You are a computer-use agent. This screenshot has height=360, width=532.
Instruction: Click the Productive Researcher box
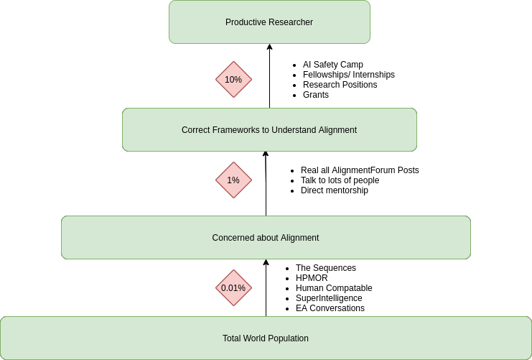[269, 22]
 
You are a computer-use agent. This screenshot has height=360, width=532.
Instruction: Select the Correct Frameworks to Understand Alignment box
[269, 130]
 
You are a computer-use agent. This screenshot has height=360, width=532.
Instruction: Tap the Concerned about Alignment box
[266, 238]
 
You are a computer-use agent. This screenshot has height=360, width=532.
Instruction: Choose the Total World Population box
[266, 338]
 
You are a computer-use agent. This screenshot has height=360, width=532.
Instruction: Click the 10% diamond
[233, 80]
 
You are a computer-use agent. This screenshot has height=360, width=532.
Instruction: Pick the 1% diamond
[233, 180]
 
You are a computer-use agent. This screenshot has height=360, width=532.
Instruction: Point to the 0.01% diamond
[233, 288]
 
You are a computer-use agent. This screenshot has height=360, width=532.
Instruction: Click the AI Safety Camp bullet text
[332, 65]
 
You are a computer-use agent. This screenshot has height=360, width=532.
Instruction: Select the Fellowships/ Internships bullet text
[348, 75]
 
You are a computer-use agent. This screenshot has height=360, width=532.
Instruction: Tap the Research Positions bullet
[340, 85]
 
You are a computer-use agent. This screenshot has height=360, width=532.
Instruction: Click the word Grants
[316, 95]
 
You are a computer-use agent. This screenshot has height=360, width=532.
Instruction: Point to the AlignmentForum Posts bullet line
[359, 170]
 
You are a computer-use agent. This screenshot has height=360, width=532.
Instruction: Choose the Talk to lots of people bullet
[340, 180]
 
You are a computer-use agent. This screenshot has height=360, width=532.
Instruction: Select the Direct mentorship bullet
[334, 190]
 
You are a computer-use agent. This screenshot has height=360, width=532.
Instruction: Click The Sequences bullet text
[325, 268]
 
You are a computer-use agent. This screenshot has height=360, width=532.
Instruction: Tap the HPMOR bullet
[312, 278]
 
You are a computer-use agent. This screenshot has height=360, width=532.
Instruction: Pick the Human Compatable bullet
[334, 288]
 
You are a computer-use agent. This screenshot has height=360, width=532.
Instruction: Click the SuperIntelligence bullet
[329, 298]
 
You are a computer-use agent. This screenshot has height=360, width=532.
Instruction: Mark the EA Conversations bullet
[330, 308]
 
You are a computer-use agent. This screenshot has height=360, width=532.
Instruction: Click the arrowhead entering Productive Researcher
[270, 47]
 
